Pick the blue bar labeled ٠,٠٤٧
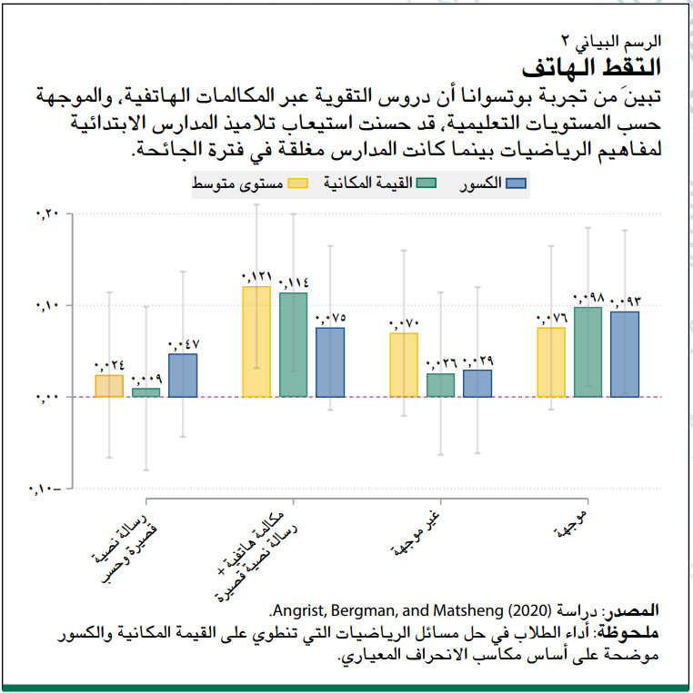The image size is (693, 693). tap(183, 375)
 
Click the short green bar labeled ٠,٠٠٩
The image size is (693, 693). tap(146, 392)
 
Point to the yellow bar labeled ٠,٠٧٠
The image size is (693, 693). tap(404, 365)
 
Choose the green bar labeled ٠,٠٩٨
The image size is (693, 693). tap(588, 352)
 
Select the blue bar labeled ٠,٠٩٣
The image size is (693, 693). tap(625, 354)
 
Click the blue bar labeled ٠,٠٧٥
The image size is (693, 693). tap(330, 362)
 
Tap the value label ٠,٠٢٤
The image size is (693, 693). tap(109, 366)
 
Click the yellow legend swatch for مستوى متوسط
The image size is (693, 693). tap(296, 183)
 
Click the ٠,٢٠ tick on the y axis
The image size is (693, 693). tap(45, 213)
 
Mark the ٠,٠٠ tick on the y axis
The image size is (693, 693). tap(45, 398)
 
